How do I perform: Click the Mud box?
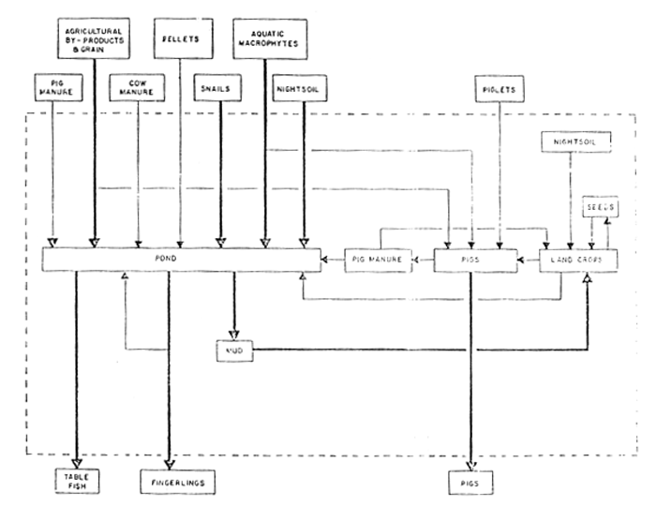[x=233, y=351]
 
